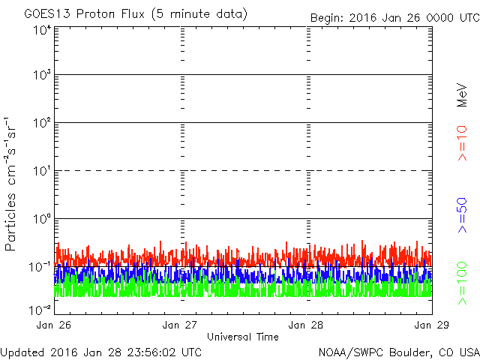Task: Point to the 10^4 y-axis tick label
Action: click(42, 30)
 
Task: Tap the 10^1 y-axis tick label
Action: click(42, 172)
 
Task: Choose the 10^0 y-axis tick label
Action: click(42, 220)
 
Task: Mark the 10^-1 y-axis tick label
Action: click(40, 268)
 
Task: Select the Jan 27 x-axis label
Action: click(180, 325)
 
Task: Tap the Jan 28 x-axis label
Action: click(306, 325)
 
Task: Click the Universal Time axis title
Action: click(243, 337)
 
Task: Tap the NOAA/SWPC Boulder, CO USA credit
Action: click(398, 351)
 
